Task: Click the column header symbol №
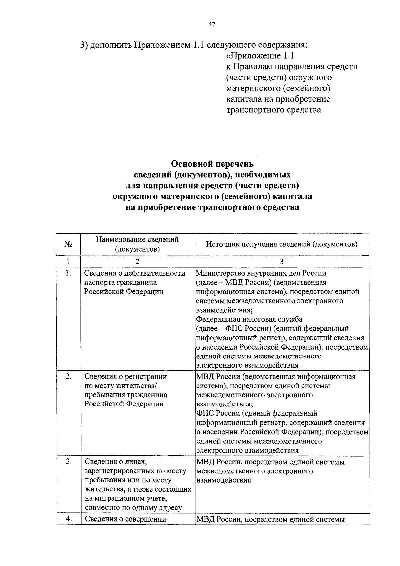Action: pyautogui.click(x=68, y=244)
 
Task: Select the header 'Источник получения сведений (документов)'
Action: pyautogui.click(x=282, y=244)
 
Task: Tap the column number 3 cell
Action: pyautogui.click(x=282, y=261)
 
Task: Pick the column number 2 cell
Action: pyautogui.click(x=137, y=261)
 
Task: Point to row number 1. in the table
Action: pyautogui.click(x=68, y=273)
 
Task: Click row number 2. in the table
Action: pyautogui.click(x=68, y=377)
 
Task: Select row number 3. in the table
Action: pyautogui.click(x=68, y=462)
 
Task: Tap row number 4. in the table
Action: pyautogui.click(x=68, y=519)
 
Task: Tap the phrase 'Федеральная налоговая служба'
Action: pyautogui.click(x=249, y=319)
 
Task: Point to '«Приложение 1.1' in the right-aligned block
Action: pyautogui.click(x=260, y=56)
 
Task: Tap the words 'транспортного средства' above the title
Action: pyautogui.click(x=274, y=110)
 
